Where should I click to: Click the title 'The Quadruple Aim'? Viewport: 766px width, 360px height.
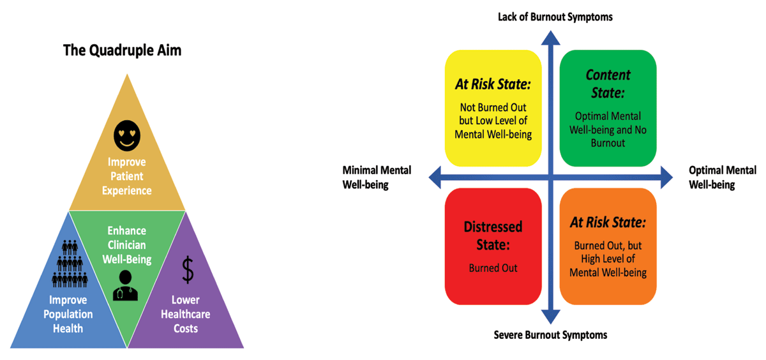(122, 50)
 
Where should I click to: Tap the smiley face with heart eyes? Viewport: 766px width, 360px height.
(127, 135)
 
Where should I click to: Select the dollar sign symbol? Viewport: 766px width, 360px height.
(188, 269)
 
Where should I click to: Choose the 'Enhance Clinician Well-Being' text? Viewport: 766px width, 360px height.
(126, 244)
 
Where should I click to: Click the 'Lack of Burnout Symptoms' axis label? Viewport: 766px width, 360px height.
(555, 17)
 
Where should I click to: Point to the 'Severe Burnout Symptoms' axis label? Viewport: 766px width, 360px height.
(550, 334)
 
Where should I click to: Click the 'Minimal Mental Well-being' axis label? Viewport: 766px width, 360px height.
(377, 177)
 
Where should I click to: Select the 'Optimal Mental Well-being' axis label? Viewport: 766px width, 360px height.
(723, 177)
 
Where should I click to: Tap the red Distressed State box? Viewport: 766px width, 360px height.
(493, 246)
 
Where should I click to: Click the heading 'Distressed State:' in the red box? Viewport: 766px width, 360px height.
(492, 235)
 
